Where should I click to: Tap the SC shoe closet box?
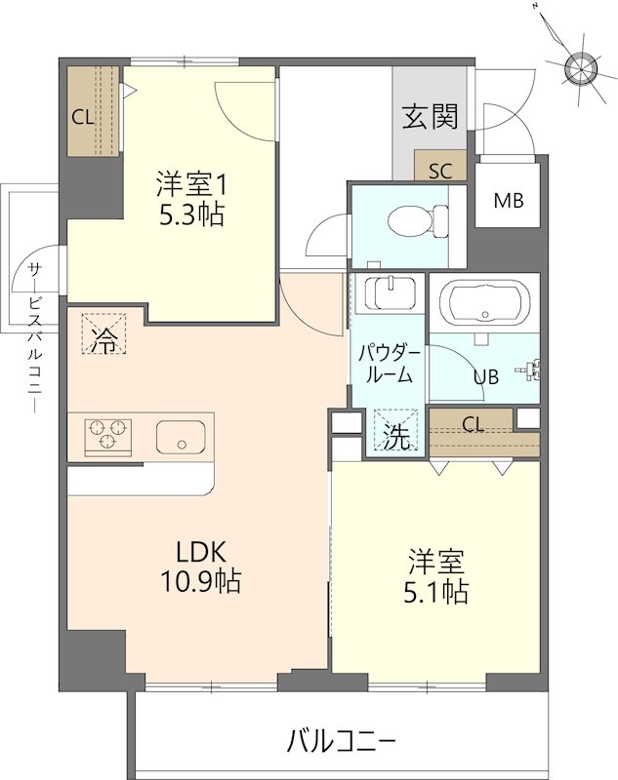(440, 170)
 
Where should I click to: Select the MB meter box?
(508, 202)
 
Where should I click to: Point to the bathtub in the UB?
(483, 303)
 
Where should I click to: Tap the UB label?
(485, 376)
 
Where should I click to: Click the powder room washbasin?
(388, 293)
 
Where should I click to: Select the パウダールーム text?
(388, 362)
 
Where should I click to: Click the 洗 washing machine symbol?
(395, 436)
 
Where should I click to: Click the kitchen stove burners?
(108, 435)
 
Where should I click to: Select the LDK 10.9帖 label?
(200, 566)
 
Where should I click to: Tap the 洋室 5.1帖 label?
(435, 576)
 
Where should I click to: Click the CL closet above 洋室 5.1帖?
(473, 423)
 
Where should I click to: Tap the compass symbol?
(580, 67)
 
